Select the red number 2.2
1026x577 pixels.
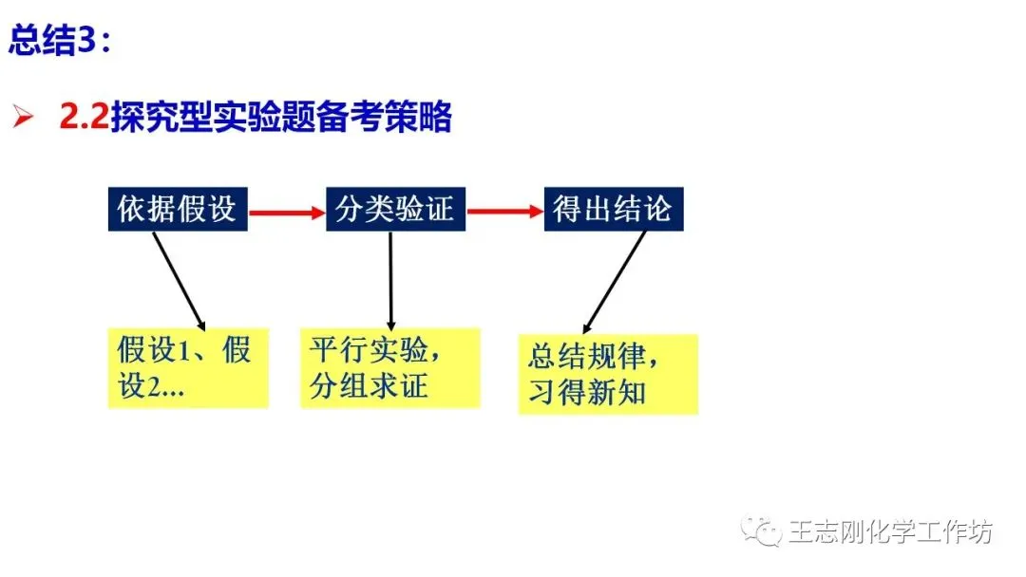[x=84, y=117]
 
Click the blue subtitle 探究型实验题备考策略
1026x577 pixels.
[x=281, y=117]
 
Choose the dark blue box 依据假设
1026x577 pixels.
[x=178, y=209]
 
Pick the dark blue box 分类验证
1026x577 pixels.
[x=395, y=209]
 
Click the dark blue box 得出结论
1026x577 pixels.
[x=613, y=209]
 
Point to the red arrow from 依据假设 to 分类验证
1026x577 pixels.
[x=287, y=212]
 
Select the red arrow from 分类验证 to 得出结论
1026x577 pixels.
[x=504, y=211]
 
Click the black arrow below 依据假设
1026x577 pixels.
[x=180, y=281]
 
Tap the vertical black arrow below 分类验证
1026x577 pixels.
[x=390, y=281]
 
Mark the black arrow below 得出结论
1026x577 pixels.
[x=615, y=282]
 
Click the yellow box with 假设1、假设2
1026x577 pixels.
[x=188, y=368]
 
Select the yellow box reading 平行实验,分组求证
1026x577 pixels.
[x=390, y=368]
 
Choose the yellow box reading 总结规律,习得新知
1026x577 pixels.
[x=608, y=375]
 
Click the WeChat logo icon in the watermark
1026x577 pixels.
[x=761, y=530]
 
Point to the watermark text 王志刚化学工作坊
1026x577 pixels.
[x=890, y=531]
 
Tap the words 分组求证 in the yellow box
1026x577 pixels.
[x=369, y=386]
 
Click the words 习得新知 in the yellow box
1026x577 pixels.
[x=587, y=392]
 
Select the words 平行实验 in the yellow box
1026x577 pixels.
[x=369, y=349]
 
